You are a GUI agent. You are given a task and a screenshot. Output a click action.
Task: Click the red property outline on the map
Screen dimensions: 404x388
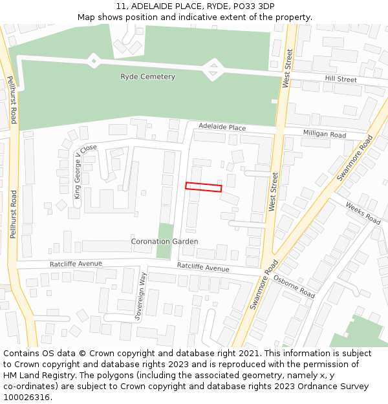[204, 187]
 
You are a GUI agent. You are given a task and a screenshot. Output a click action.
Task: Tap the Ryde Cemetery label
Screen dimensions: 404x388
[147, 77]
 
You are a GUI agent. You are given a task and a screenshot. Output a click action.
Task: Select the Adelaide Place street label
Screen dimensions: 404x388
[222, 127]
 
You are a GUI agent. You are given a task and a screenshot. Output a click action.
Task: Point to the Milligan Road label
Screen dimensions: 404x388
[325, 134]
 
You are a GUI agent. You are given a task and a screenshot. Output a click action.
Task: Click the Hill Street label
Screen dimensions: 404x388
[341, 80]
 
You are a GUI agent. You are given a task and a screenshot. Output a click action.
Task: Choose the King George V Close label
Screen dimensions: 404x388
[84, 171]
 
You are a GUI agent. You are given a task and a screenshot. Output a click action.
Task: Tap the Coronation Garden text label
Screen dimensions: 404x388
[164, 242]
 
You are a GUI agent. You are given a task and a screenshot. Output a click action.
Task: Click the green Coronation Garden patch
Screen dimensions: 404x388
[166, 249]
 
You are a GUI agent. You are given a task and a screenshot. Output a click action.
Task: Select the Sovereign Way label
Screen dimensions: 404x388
[138, 297]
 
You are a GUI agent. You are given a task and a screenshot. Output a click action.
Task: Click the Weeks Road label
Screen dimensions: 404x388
[363, 213]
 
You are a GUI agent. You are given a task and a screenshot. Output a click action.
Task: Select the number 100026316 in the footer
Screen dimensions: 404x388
[26, 398]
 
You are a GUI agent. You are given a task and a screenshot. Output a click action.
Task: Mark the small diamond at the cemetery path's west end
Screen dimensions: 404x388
[94, 61]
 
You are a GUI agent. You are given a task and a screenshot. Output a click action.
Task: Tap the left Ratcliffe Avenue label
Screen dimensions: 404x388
[76, 264]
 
